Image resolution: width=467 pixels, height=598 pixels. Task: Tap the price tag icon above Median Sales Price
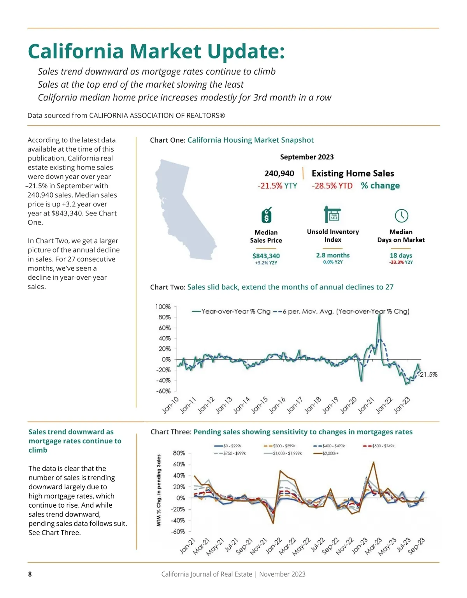point(266,215)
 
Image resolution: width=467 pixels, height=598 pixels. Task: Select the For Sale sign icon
point(332,214)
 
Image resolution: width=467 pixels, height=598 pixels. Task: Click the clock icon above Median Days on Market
point(401,215)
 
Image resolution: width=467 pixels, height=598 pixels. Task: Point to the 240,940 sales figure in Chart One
point(279,173)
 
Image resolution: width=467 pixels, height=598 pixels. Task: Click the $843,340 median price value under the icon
point(266,256)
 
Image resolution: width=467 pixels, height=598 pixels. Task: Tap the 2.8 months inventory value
point(333,255)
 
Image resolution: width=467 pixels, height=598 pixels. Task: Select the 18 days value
point(401,256)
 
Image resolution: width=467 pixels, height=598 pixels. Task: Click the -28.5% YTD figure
point(332,186)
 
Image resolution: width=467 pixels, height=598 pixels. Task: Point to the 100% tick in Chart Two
point(163,307)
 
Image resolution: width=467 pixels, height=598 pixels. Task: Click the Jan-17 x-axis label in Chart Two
point(295,405)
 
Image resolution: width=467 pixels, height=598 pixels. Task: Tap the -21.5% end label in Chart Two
point(428,374)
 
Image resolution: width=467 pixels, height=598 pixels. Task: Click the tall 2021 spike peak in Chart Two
point(379,315)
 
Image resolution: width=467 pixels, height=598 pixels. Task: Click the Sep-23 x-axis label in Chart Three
point(416,546)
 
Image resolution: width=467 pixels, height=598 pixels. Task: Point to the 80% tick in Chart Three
point(179,453)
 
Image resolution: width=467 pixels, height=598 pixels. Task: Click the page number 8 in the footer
point(30,574)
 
